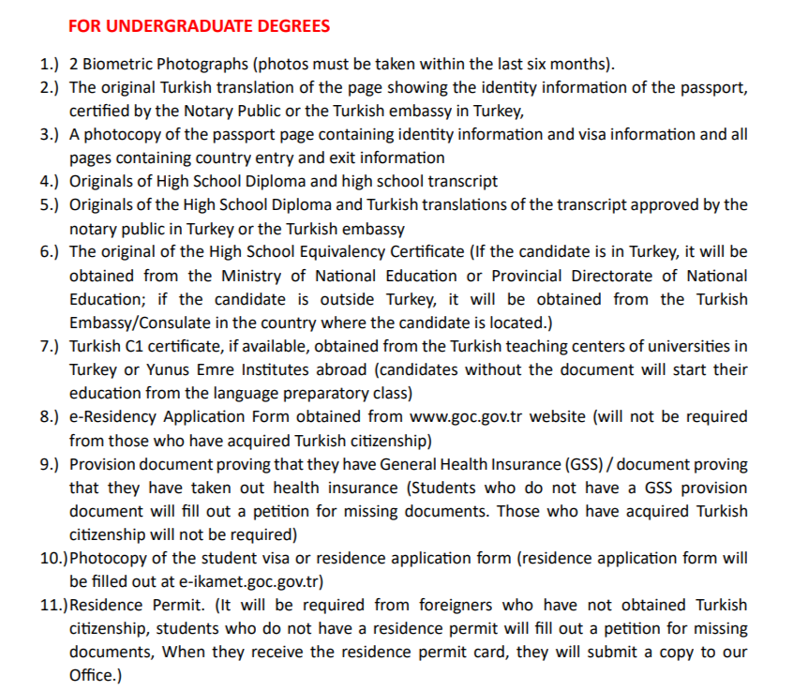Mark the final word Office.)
click(96, 675)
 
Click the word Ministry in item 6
click(253, 276)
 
